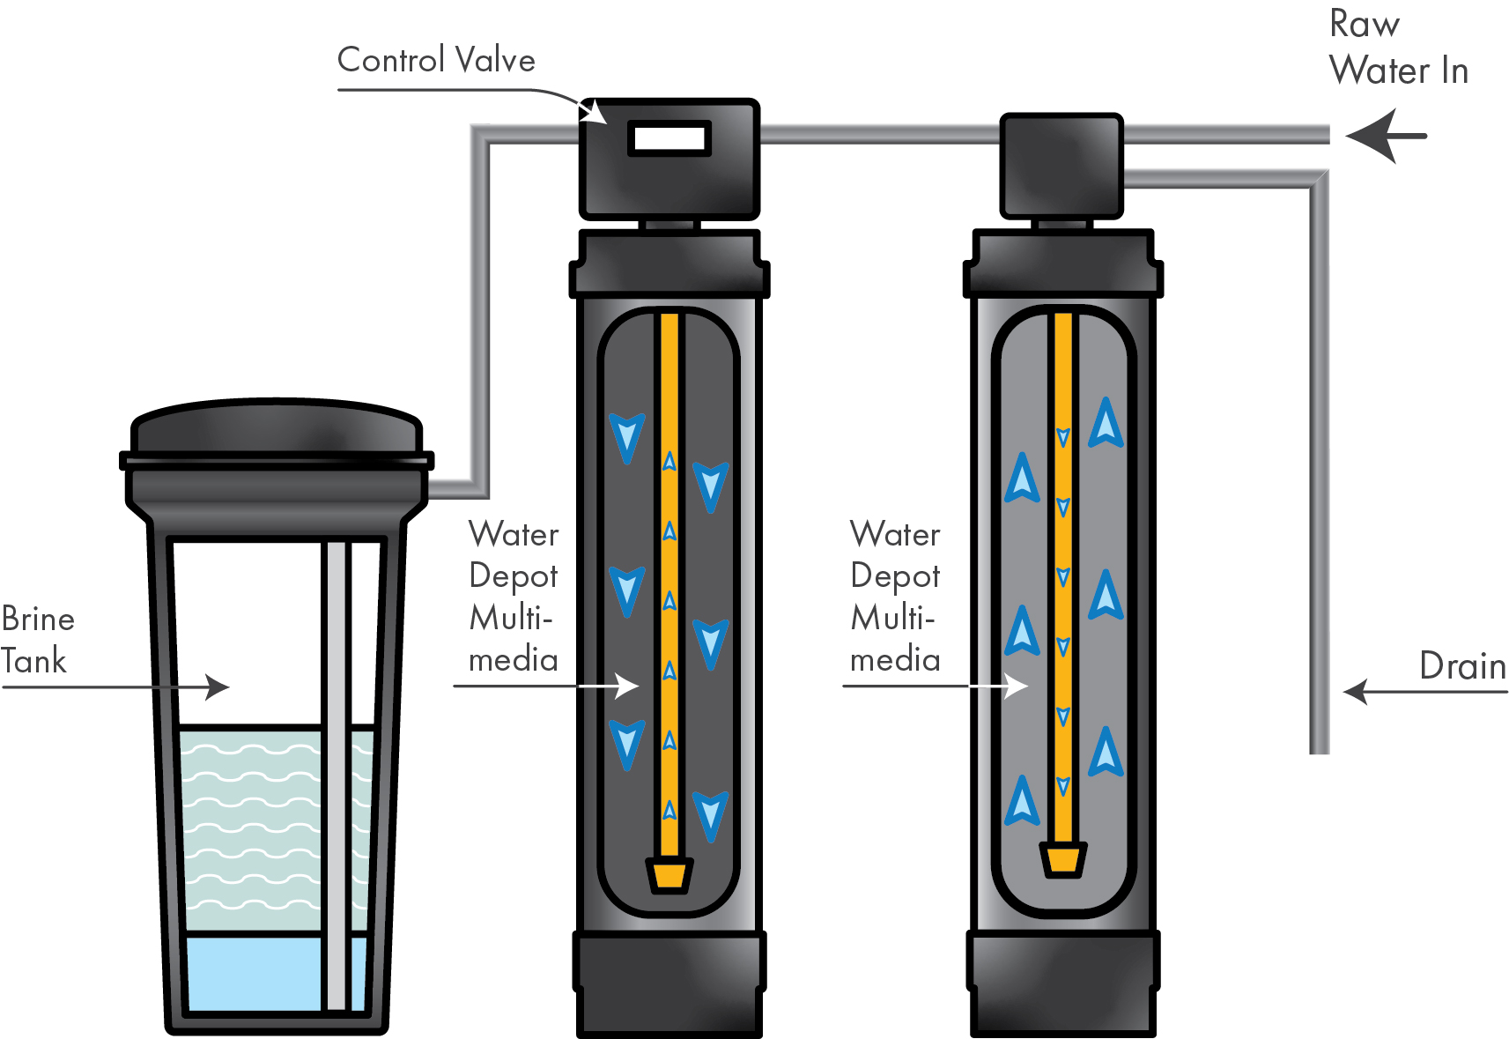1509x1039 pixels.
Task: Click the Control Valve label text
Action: point(436,61)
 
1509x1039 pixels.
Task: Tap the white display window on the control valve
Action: point(669,138)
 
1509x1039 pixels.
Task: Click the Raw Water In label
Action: point(1398,48)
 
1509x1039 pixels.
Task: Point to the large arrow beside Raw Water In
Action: point(1385,136)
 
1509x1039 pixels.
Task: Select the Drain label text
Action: point(1462,666)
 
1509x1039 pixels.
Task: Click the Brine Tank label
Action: point(37,640)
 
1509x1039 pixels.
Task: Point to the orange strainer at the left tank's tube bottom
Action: point(669,875)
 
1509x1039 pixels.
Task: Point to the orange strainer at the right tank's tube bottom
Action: point(1062,860)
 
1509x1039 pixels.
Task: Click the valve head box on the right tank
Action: point(1061,165)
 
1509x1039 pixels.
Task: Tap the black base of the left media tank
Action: point(669,983)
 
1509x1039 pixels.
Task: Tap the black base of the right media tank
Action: point(1062,983)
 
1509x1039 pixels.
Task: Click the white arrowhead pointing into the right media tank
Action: point(1018,686)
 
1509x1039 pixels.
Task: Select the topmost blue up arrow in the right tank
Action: point(1106,423)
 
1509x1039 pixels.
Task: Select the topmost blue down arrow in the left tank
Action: point(626,437)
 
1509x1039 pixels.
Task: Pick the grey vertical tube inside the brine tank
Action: point(336,776)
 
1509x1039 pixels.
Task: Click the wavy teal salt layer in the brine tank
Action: point(251,828)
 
